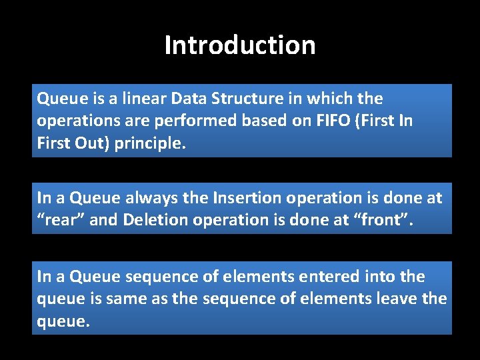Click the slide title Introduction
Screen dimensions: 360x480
pyautogui.click(x=240, y=45)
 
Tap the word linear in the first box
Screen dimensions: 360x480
pyautogui.click(x=133, y=99)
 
